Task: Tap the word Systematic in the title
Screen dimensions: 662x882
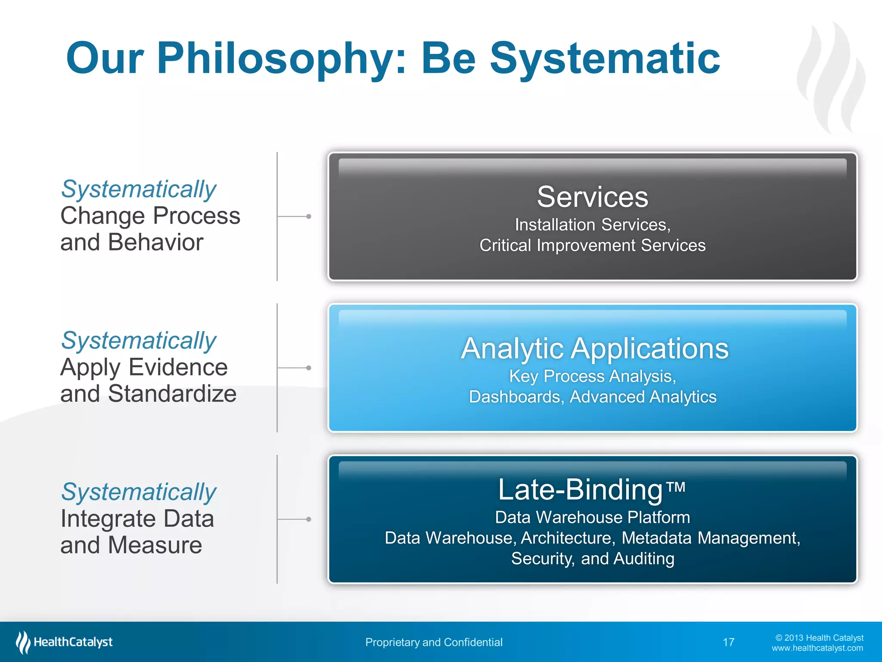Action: pyautogui.click(x=605, y=58)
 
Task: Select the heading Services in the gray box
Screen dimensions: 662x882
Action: pyautogui.click(x=592, y=197)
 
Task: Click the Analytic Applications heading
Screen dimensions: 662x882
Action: pyautogui.click(x=594, y=348)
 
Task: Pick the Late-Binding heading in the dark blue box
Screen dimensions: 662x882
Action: pyautogui.click(x=580, y=490)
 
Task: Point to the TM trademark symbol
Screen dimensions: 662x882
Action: pyautogui.click(x=676, y=487)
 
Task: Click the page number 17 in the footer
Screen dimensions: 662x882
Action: pyautogui.click(x=728, y=642)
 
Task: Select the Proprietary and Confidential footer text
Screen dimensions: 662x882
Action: pyautogui.click(x=434, y=642)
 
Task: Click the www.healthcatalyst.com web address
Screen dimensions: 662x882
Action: pyautogui.click(x=817, y=648)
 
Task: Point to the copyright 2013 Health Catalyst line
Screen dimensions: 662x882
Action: pyautogui.click(x=819, y=638)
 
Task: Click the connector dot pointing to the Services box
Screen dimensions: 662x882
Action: pyautogui.click(x=308, y=216)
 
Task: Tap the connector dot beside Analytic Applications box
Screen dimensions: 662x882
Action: pyautogui.click(x=308, y=368)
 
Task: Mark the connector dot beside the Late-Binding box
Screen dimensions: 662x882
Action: pyautogui.click(x=308, y=519)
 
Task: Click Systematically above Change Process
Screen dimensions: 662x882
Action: pyautogui.click(x=138, y=189)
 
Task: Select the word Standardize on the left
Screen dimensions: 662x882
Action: pyautogui.click(x=172, y=393)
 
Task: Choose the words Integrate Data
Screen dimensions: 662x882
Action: pyautogui.click(x=137, y=518)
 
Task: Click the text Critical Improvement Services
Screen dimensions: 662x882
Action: pyautogui.click(x=592, y=245)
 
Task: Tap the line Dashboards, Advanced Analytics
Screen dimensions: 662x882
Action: pyautogui.click(x=592, y=397)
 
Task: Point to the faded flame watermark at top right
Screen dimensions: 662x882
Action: pyautogui.click(x=831, y=78)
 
